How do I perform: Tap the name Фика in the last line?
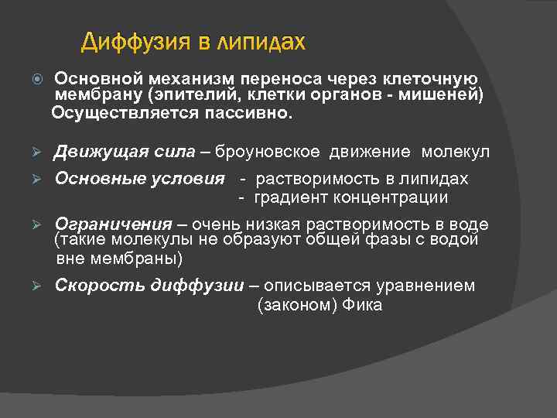point(364,305)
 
